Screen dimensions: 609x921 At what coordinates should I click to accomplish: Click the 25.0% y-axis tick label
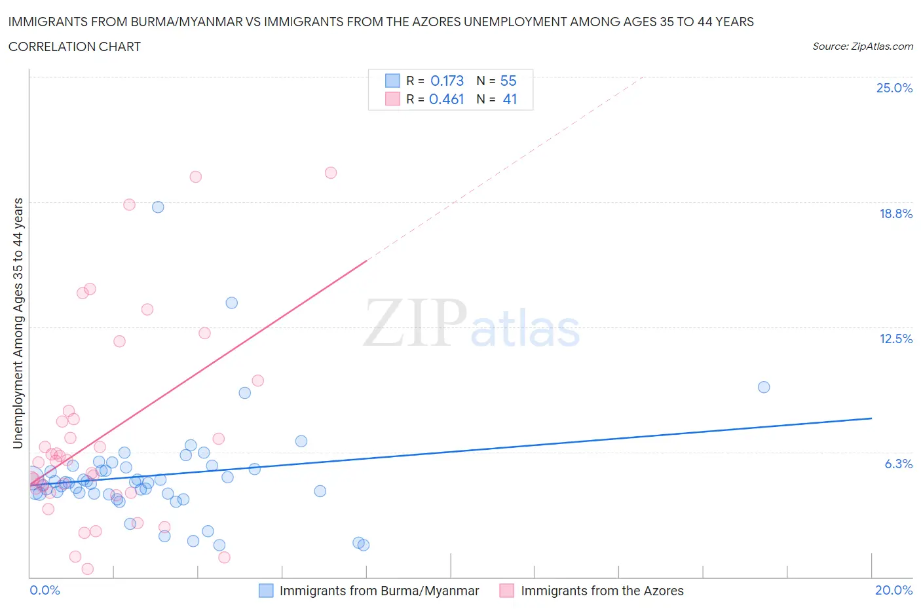[894, 88]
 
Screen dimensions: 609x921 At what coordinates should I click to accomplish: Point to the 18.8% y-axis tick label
[895, 213]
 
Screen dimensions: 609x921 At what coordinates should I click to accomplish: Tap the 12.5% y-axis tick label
[895, 339]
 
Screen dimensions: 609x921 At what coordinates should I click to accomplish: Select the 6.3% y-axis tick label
[898, 464]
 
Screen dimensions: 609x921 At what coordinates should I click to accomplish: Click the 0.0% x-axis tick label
[45, 590]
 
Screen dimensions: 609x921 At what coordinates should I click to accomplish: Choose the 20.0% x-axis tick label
[893, 590]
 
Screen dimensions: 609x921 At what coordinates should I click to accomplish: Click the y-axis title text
[18, 323]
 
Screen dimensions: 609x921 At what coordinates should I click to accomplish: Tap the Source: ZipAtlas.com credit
[862, 46]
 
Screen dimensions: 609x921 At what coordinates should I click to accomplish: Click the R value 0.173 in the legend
[447, 81]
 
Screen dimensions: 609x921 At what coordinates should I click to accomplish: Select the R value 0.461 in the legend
[446, 99]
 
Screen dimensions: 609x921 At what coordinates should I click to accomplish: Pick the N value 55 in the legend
[508, 81]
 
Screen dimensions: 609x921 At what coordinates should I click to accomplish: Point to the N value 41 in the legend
[510, 99]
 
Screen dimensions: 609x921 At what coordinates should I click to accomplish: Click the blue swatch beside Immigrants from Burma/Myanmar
[266, 591]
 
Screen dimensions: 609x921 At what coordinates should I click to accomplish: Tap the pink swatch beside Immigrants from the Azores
[507, 591]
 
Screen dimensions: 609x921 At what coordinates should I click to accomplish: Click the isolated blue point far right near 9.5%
[763, 387]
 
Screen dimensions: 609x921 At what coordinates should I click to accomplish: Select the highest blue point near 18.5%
[158, 207]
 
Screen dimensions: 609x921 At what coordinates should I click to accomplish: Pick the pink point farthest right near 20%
[331, 173]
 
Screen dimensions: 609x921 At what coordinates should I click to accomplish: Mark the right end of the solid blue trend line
[871, 418]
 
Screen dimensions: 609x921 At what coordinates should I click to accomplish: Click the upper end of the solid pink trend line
[367, 260]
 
